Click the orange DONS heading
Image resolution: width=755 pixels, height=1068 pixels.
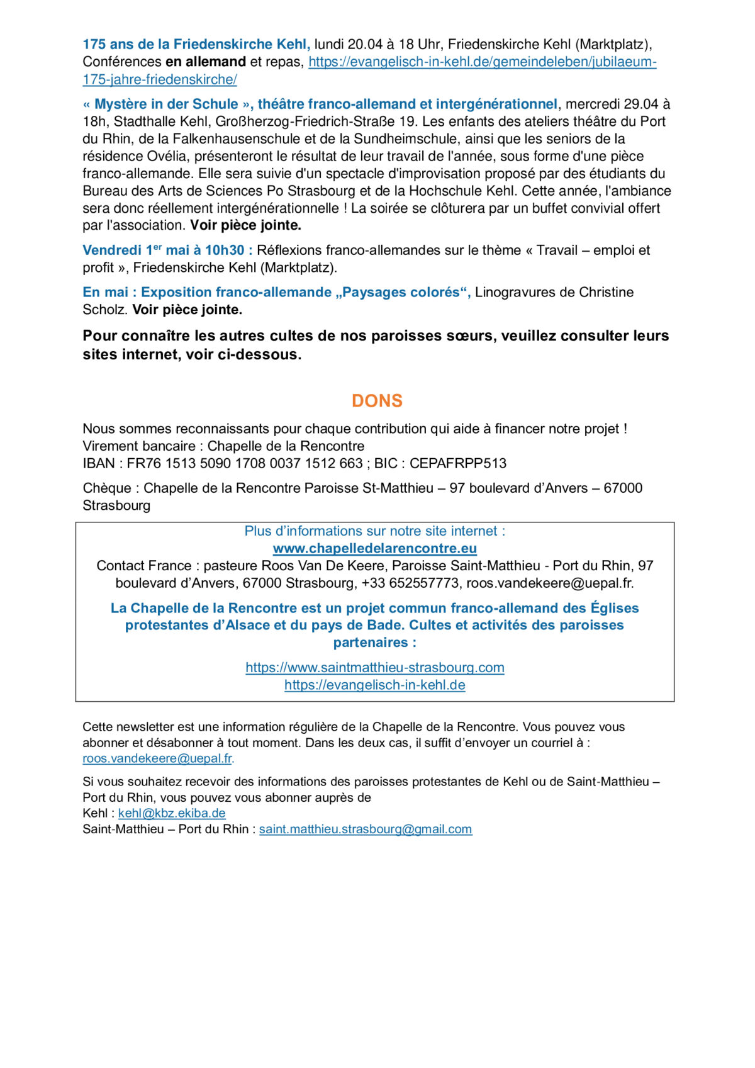click(x=377, y=401)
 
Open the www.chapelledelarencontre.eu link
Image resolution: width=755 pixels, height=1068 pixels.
click(x=374, y=548)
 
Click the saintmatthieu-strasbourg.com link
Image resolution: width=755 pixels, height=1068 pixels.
click(x=375, y=667)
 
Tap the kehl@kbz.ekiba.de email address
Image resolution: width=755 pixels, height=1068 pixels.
click(x=172, y=813)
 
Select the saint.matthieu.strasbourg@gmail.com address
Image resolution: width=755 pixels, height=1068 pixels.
click(x=365, y=829)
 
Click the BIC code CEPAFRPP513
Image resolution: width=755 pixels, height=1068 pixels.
click(x=457, y=463)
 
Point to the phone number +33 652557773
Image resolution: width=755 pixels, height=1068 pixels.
click(x=410, y=583)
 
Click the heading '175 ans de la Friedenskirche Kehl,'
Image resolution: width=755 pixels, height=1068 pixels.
click(x=196, y=44)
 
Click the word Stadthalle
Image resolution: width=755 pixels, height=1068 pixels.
click(x=144, y=121)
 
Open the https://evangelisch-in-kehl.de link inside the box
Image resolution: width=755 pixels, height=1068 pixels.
click(x=374, y=685)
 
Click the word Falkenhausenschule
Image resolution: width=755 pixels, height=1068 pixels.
click(x=232, y=139)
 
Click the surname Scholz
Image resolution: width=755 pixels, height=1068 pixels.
click(x=104, y=310)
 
